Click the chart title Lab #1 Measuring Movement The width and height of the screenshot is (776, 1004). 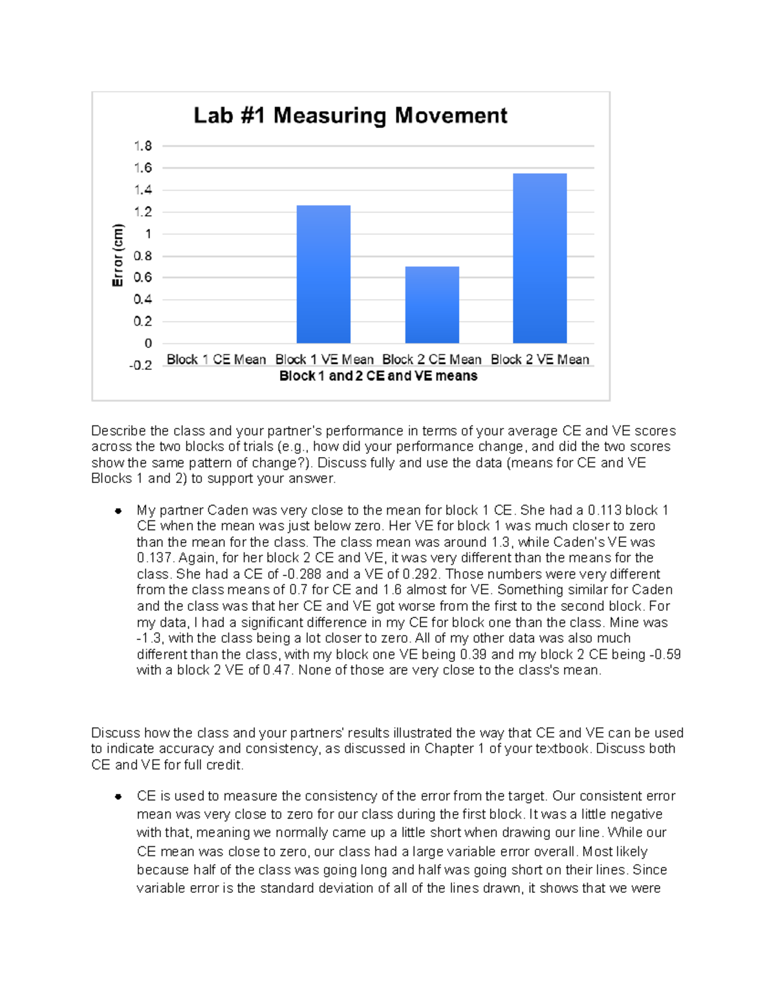(x=350, y=116)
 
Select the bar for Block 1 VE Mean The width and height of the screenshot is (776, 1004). (x=323, y=274)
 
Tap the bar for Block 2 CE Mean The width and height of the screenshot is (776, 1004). (x=432, y=304)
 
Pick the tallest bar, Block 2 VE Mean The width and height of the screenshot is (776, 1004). (x=539, y=258)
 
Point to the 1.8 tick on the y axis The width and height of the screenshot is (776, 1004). (x=143, y=146)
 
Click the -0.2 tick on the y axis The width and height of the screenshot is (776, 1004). (x=140, y=365)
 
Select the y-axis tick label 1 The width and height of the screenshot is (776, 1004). (x=148, y=234)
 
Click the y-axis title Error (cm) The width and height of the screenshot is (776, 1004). (x=118, y=255)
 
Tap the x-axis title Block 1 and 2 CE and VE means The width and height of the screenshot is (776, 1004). (x=378, y=376)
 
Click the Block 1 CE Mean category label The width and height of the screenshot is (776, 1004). (x=216, y=359)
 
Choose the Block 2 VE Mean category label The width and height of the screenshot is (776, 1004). (x=540, y=359)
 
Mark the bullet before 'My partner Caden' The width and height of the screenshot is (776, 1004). (x=118, y=511)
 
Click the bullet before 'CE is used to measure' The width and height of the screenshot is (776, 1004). (x=118, y=796)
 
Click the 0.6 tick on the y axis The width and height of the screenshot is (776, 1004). (x=143, y=277)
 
